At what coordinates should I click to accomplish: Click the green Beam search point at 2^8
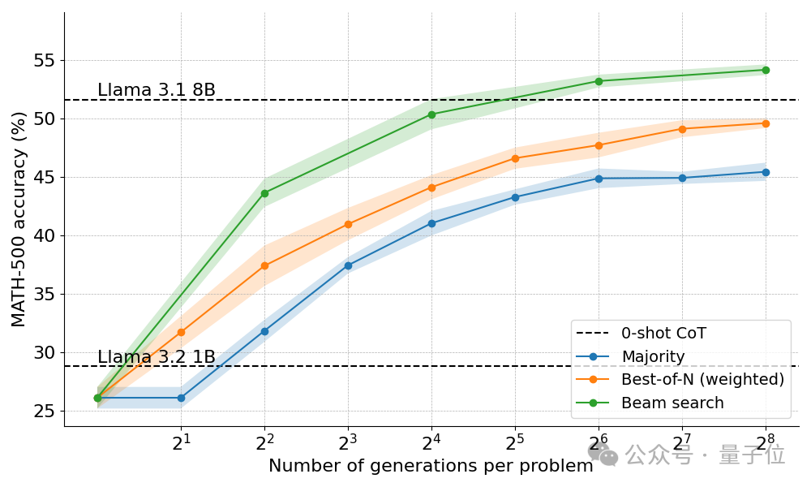pos(766,70)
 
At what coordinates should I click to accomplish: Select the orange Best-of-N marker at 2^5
pos(515,158)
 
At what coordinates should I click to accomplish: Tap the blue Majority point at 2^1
pos(181,398)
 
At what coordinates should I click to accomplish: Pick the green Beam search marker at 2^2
pos(264,193)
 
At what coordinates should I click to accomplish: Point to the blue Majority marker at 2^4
pos(431,223)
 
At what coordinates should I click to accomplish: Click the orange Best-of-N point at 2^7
pos(682,129)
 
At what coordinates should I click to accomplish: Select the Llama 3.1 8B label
pos(157,90)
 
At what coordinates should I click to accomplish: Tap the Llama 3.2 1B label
pos(157,357)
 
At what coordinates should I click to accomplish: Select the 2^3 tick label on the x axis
pos(348,442)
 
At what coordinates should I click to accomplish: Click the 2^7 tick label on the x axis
pos(682,442)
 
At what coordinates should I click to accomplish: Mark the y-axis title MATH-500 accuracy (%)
pos(19,219)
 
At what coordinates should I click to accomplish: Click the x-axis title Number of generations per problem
pos(431,466)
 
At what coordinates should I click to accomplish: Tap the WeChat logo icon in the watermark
pos(603,455)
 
